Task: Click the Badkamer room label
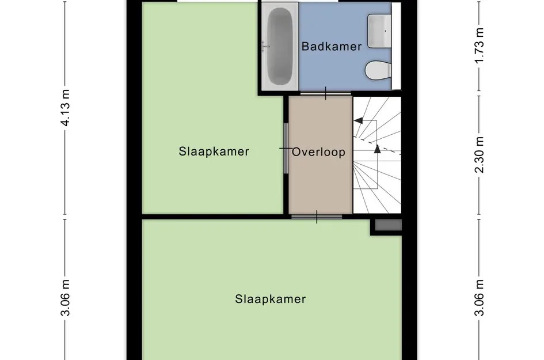(x=332, y=46)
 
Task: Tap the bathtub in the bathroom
(x=280, y=46)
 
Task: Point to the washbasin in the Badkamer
(x=379, y=30)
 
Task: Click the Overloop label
(x=318, y=152)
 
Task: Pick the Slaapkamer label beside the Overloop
(x=214, y=151)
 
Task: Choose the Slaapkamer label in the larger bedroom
(x=270, y=299)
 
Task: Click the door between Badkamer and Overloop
(x=325, y=93)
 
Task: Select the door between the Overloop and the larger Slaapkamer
(x=316, y=217)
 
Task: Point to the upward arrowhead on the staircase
(x=378, y=149)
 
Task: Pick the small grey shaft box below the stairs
(x=387, y=226)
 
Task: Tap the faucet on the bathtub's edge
(x=265, y=46)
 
